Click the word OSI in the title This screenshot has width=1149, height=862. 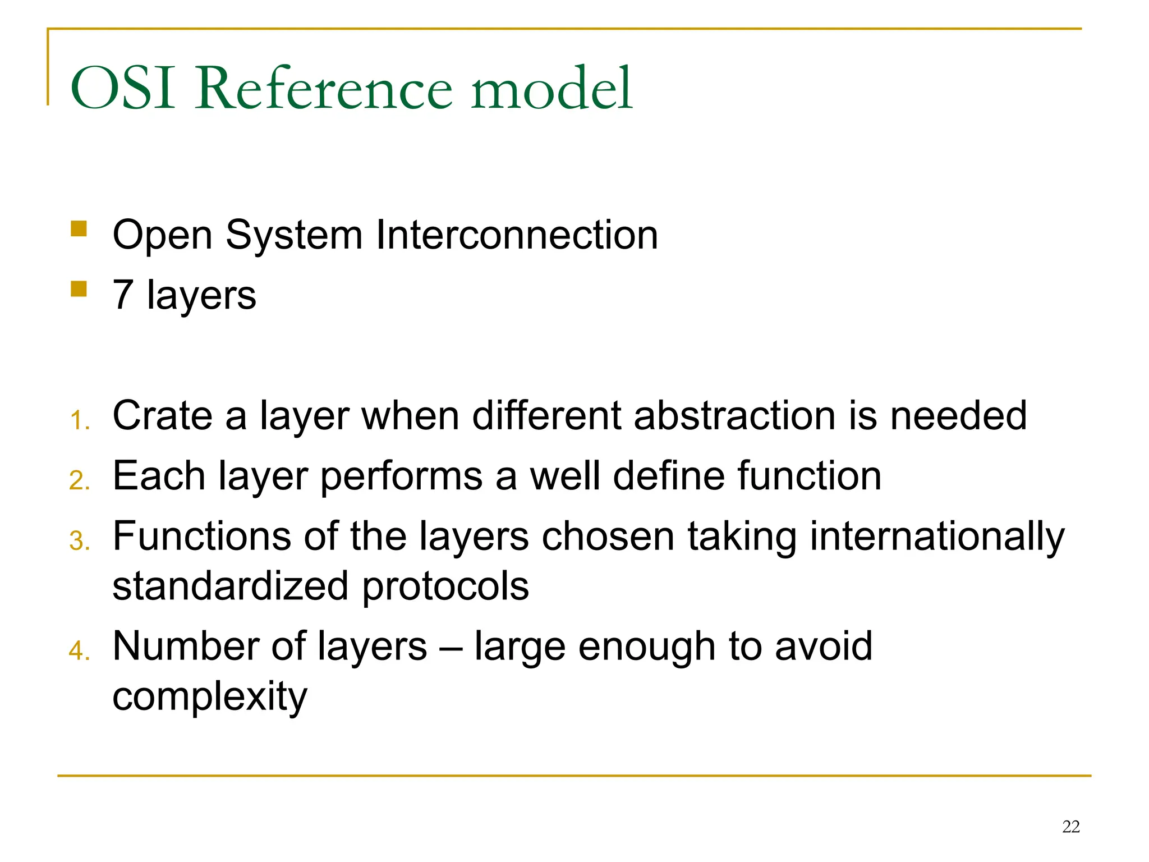(123, 89)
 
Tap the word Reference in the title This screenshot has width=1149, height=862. (323, 89)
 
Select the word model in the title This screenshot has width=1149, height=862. (552, 89)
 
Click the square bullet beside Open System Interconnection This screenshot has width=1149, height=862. (79, 229)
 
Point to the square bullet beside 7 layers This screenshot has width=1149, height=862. (79, 289)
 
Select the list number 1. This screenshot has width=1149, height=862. (79, 420)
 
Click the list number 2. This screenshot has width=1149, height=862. (79, 481)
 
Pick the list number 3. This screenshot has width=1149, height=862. (79, 541)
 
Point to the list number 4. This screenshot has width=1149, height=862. (79, 651)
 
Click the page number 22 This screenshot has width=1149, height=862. (1070, 827)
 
